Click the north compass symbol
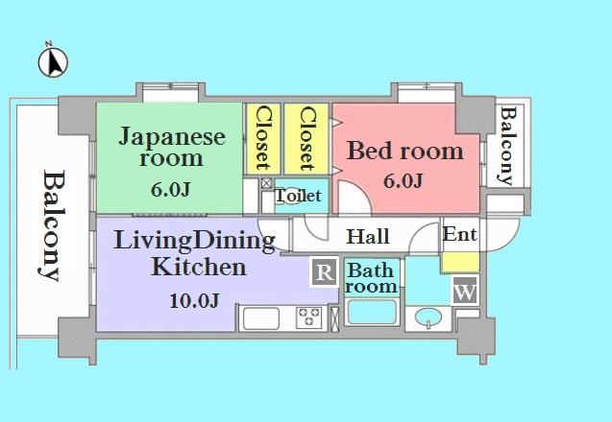tap(54, 61)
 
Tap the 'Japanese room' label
tap(172, 147)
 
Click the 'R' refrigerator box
tap(325, 273)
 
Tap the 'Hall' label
tap(367, 236)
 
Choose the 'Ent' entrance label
tap(459, 234)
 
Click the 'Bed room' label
tap(404, 151)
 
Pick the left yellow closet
tap(261, 138)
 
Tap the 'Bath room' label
tap(372, 278)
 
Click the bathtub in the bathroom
tap(372, 314)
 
